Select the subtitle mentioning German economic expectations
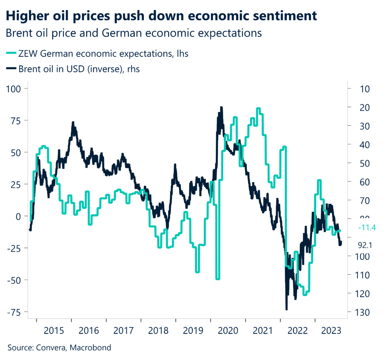point(133,33)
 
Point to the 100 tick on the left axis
point(14,89)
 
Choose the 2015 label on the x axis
point(54,331)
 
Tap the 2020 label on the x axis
point(228,331)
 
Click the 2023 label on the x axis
point(332,331)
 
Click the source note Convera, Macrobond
point(59,348)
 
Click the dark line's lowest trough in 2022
point(286,309)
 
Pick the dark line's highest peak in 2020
point(221,107)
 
